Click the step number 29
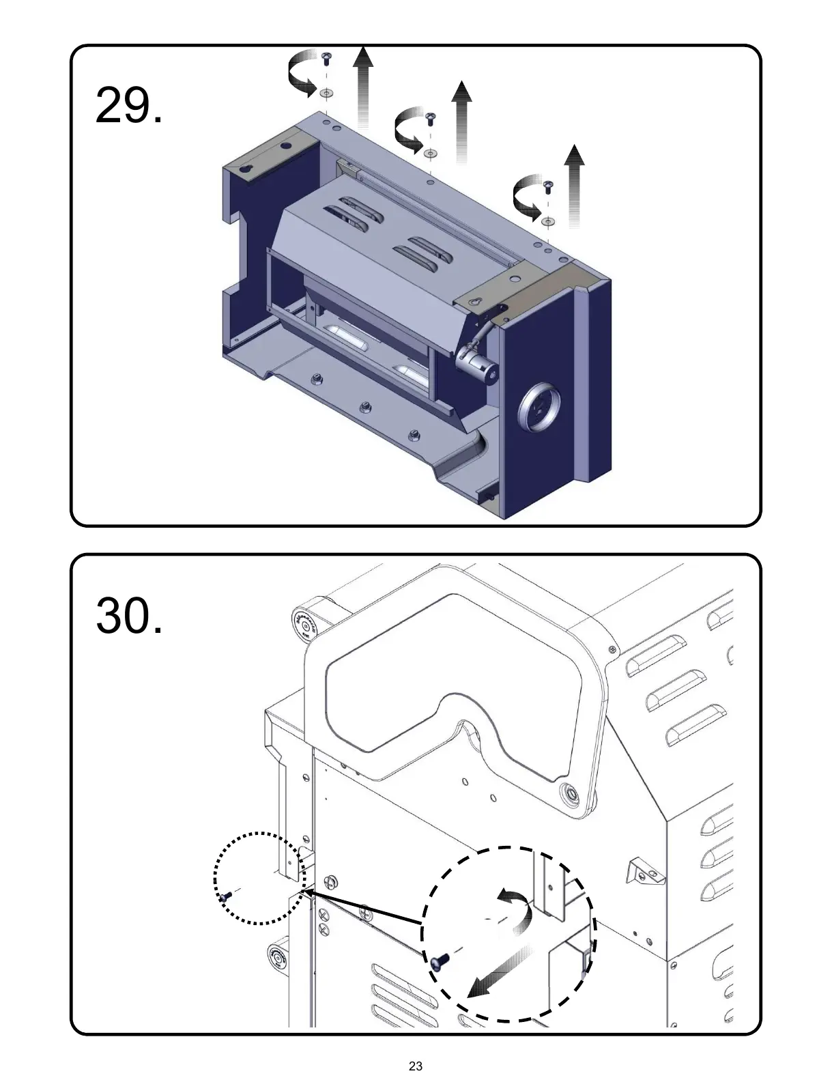coord(129,106)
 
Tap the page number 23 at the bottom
coord(416,1066)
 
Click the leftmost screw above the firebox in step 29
coord(326,55)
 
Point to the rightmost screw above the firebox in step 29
coord(547,185)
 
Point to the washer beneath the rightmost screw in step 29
coord(547,221)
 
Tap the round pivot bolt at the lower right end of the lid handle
coord(570,793)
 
